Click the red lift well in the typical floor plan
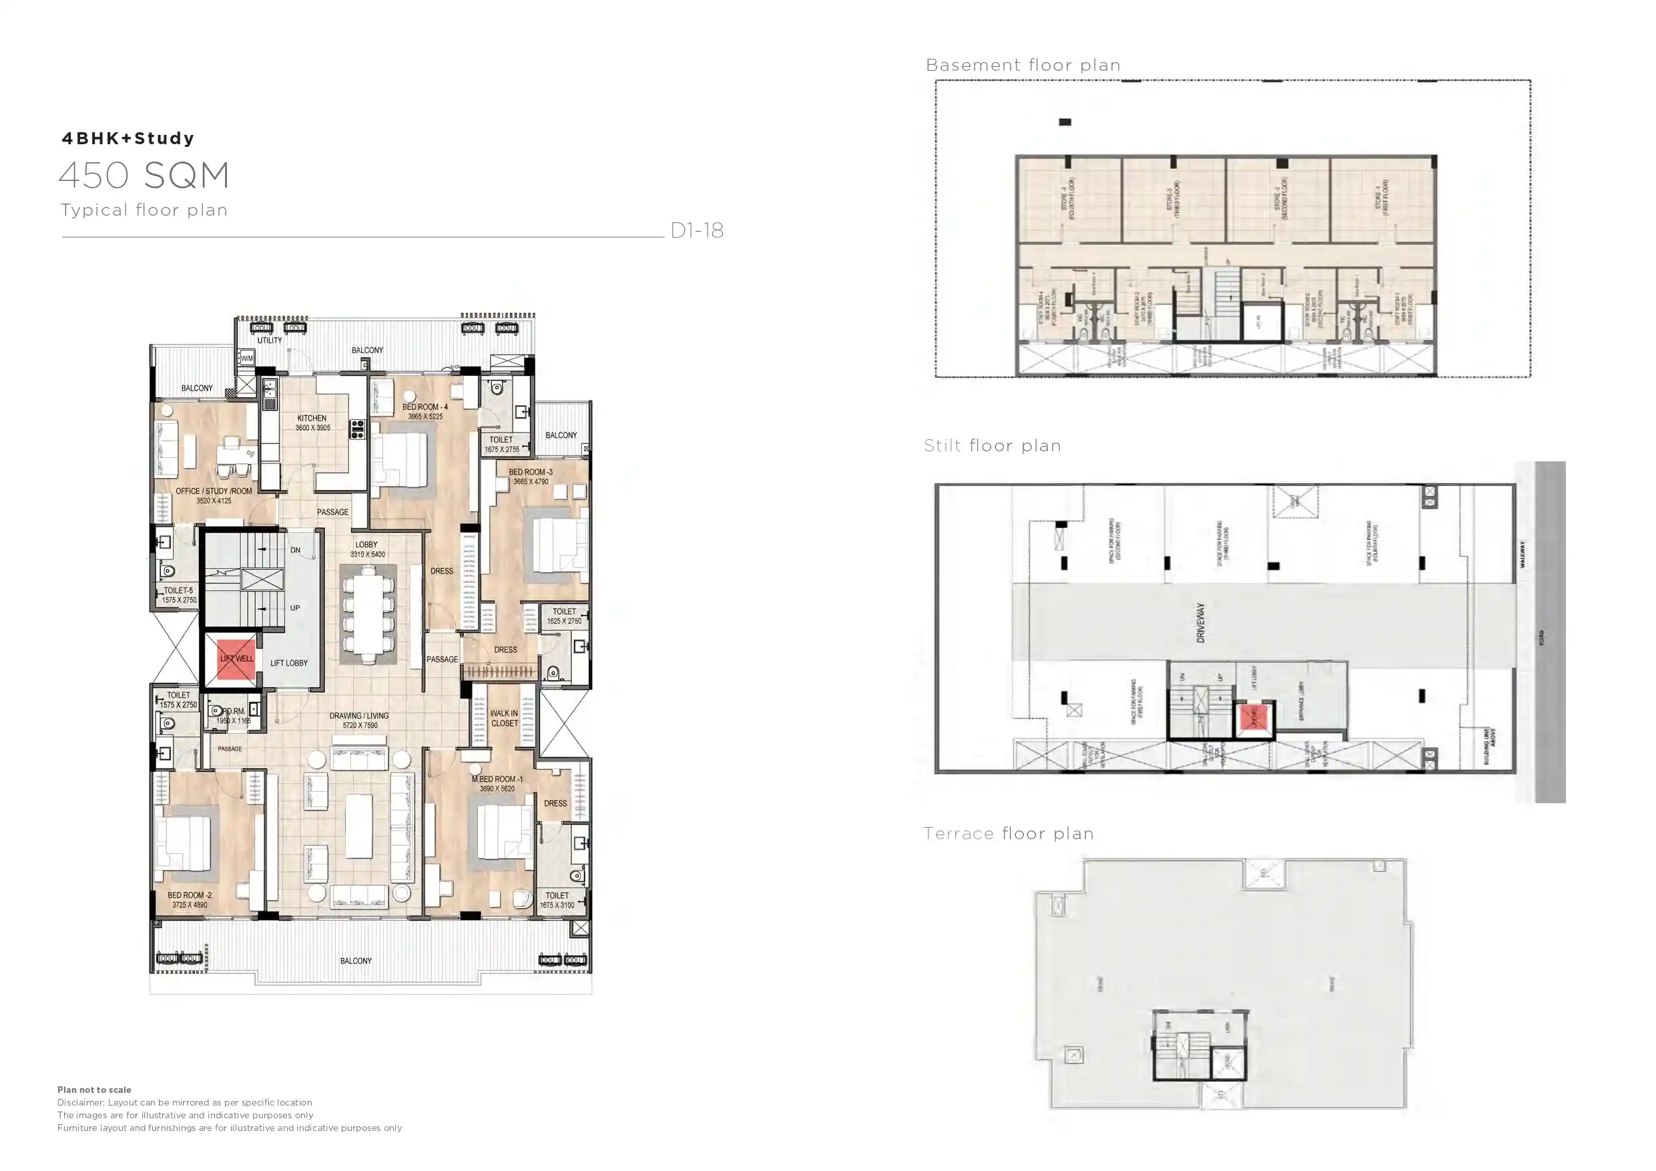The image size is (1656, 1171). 236,659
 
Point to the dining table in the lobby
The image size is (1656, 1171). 367,613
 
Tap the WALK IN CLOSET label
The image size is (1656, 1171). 504,718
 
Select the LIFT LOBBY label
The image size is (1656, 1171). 288,663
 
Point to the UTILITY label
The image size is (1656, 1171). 270,340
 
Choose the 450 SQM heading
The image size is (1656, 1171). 144,176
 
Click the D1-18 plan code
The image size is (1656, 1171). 697,230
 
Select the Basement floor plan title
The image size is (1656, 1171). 1023,65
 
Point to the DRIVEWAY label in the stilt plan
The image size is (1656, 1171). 1201,623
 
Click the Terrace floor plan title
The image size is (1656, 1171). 1009,834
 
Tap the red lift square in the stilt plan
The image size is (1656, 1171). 1254,718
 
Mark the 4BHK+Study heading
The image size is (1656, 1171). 128,138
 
